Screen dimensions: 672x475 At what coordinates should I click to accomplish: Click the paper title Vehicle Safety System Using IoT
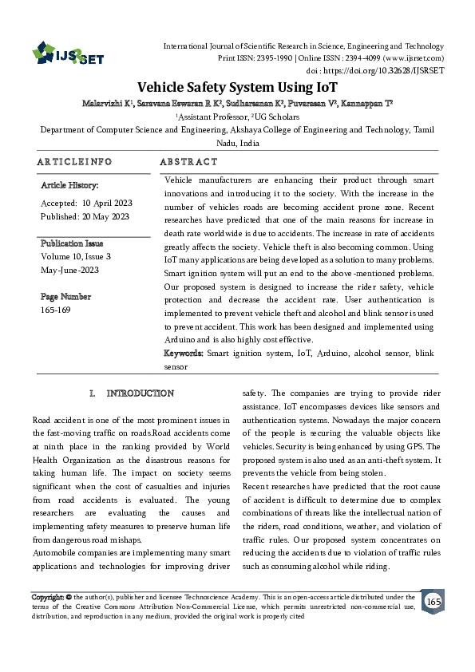point(238,87)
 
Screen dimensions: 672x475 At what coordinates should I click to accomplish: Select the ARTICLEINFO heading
point(74,161)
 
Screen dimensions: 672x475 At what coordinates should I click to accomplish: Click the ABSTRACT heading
point(188,161)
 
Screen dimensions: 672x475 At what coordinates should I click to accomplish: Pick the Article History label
point(69,185)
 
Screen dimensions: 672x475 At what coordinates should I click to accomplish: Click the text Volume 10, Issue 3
point(75,256)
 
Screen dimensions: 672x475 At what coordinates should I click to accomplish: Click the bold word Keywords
point(184,352)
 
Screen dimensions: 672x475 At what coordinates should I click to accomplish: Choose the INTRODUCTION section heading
point(140,393)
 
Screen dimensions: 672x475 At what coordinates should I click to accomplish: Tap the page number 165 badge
point(433,601)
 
